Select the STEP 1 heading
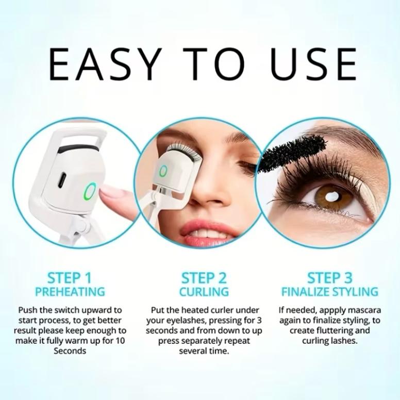coord(70,278)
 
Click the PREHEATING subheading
coord(70,292)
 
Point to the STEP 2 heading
coord(204,278)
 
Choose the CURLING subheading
coord(204,292)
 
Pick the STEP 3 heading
coord(330,278)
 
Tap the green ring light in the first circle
coord(88,192)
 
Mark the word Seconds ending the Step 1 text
coord(70,351)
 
